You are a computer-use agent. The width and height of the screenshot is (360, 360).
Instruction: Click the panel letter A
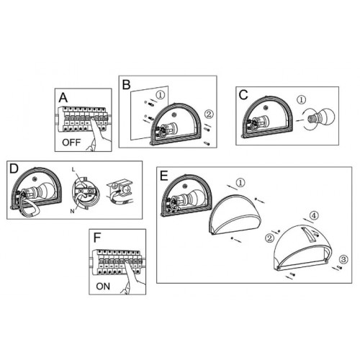click(63, 98)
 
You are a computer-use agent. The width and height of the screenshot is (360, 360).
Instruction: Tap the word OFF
click(71, 143)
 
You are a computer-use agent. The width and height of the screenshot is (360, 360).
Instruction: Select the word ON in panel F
click(103, 286)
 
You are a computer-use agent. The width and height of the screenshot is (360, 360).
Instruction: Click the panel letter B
click(127, 85)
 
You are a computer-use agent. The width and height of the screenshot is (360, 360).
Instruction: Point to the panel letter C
click(243, 95)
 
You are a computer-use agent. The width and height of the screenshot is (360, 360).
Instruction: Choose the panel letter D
click(14, 168)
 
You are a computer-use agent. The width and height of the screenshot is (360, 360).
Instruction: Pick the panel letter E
click(164, 176)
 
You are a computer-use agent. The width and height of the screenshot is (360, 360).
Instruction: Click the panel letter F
click(97, 238)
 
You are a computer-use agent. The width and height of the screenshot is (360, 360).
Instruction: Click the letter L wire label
click(73, 170)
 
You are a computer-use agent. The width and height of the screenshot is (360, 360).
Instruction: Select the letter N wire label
click(72, 211)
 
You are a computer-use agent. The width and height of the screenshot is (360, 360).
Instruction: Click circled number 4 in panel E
click(314, 215)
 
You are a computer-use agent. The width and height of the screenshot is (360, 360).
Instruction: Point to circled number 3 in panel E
click(343, 259)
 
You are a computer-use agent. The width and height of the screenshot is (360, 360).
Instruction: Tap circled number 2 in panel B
click(209, 114)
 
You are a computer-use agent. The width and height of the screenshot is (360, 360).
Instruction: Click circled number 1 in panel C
click(302, 99)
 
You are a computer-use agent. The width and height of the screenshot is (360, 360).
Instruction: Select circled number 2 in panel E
click(269, 238)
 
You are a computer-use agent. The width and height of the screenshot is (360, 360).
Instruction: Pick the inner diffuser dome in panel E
click(235, 215)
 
